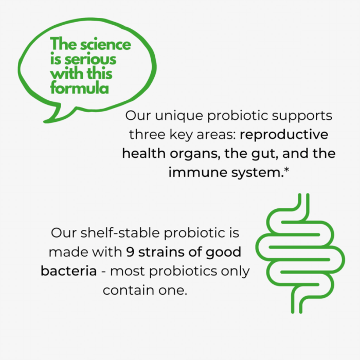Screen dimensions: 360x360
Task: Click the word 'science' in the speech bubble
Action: (x=105, y=44)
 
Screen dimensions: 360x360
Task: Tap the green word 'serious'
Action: (x=91, y=59)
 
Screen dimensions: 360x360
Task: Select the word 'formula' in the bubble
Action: (x=79, y=88)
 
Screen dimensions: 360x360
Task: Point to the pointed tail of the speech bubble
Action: (x=46, y=121)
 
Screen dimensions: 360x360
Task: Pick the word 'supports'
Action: (x=302, y=116)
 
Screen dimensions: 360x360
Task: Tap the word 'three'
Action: (x=147, y=134)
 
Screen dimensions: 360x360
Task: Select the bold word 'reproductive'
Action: (x=284, y=135)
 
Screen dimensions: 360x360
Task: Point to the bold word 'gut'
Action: (x=265, y=154)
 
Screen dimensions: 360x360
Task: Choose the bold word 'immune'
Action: (x=197, y=172)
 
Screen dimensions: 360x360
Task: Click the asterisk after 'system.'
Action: (x=287, y=170)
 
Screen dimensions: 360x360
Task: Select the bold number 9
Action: (x=130, y=252)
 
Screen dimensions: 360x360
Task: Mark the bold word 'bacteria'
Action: (x=68, y=271)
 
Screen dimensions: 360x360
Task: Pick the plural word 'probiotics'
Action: (x=183, y=272)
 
